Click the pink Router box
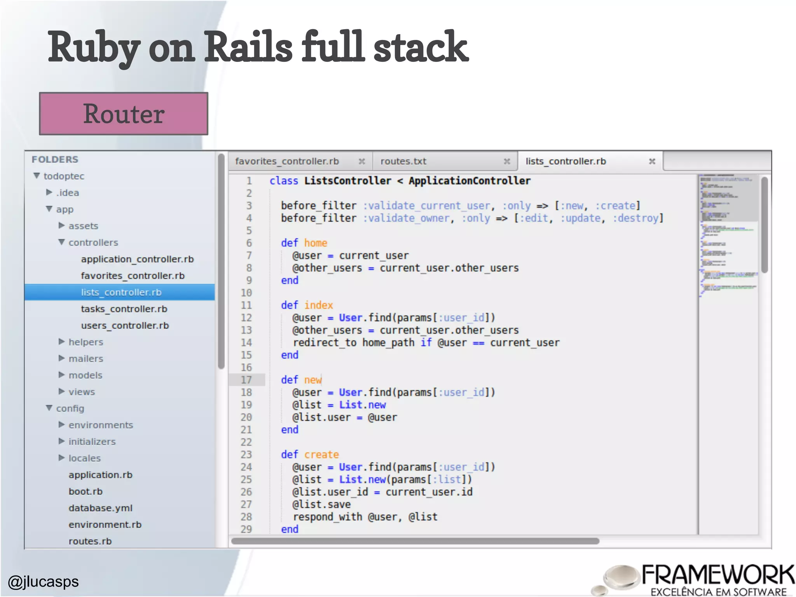click(124, 113)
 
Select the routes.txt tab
click(403, 161)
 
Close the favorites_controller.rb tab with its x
click(361, 161)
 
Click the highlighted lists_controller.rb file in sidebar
click(121, 292)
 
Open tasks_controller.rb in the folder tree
click(124, 309)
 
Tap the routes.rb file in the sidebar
click(90, 541)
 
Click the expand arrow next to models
click(61, 375)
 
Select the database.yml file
click(100, 508)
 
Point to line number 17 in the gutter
click(246, 380)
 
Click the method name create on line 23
click(321, 454)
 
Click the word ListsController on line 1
click(347, 181)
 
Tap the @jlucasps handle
click(43, 581)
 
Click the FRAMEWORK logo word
click(717, 575)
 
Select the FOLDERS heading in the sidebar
click(55, 159)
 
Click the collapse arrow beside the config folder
click(49, 408)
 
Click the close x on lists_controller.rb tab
click(652, 161)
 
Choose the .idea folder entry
click(68, 193)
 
